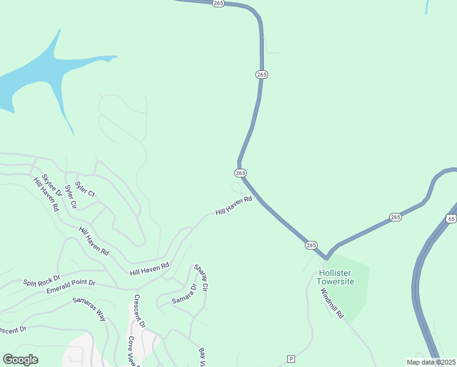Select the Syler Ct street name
click(85, 189)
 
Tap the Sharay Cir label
click(202, 278)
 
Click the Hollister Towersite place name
click(335, 278)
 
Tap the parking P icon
click(291, 358)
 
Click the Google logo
click(20, 359)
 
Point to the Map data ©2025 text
click(431, 362)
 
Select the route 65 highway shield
click(452, 218)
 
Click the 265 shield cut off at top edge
click(219, 3)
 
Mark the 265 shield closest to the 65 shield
click(395, 217)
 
